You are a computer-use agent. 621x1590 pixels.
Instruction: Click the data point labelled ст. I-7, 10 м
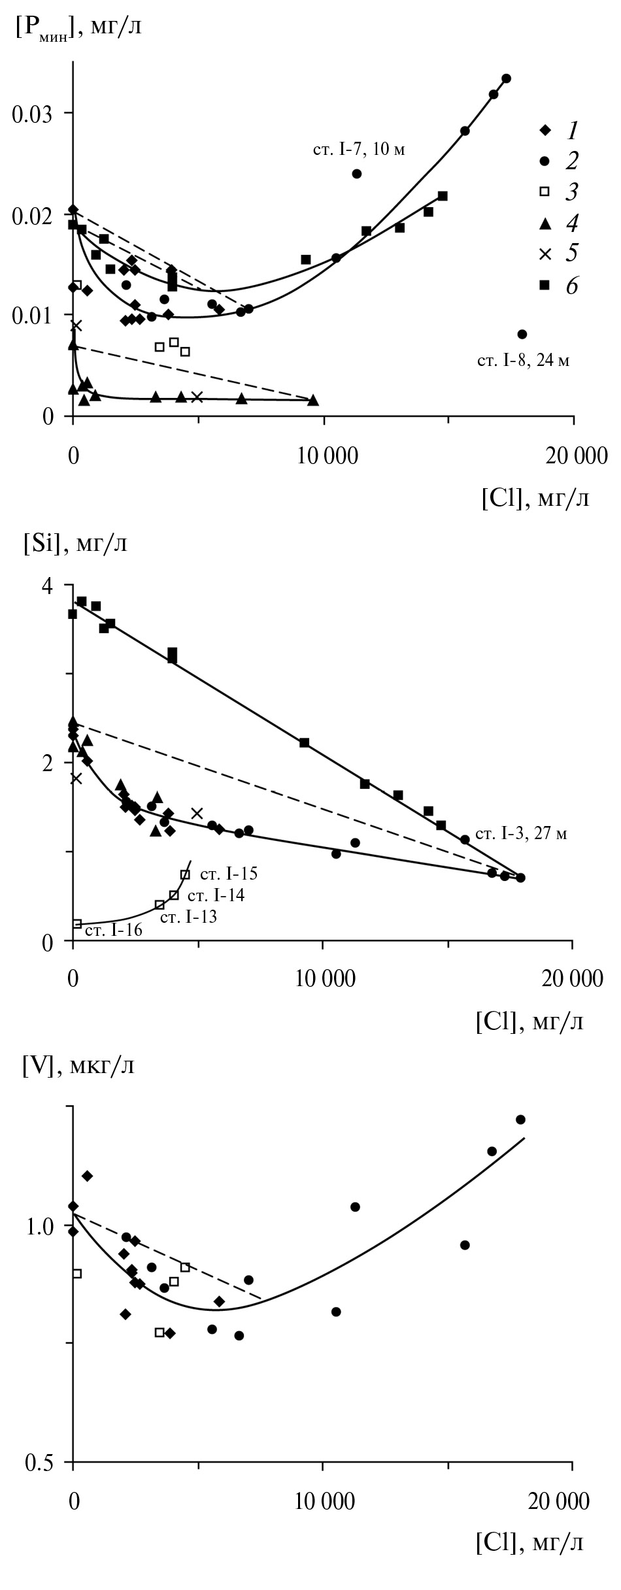tap(357, 174)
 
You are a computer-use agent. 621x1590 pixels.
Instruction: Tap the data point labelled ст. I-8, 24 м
tap(522, 334)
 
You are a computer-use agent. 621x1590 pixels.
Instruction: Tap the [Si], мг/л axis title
tap(75, 543)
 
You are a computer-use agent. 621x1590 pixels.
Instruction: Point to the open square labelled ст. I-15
tap(185, 874)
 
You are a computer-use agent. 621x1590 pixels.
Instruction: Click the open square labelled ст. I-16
tap(76, 923)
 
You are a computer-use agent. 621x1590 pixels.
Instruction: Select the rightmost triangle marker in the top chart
tap(313, 400)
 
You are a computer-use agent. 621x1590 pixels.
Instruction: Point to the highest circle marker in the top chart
tap(506, 78)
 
